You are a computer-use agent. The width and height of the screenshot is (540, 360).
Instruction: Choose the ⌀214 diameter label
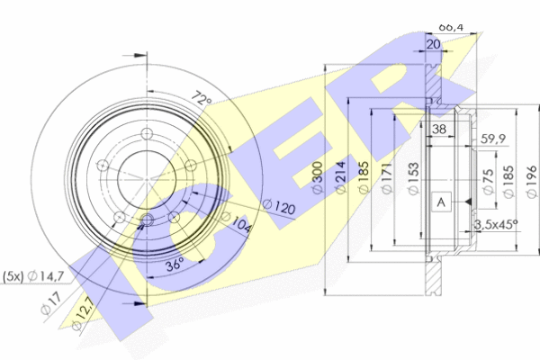(341, 178)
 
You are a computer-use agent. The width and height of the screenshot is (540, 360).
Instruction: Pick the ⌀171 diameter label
(389, 177)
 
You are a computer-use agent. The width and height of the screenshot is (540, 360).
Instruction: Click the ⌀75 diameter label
(487, 176)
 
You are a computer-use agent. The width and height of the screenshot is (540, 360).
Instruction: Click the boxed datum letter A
(441, 202)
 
